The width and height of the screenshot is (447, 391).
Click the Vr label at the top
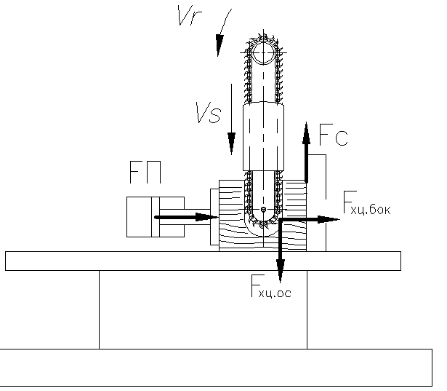click(x=189, y=15)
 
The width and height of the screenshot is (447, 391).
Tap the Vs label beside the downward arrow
click(x=209, y=113)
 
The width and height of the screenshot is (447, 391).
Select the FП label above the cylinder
click(x=145, y=173)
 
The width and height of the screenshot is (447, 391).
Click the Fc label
click(x=334, y=135)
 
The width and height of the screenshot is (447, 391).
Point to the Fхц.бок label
click(x=367, y=203)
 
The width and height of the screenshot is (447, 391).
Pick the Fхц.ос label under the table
click(x=271, y=286)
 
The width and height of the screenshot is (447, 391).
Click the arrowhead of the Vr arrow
click(x=219, y=45)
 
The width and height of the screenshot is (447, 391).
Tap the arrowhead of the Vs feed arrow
click(x=231, y=143)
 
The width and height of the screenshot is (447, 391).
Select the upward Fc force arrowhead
click(x=307, y=133)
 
